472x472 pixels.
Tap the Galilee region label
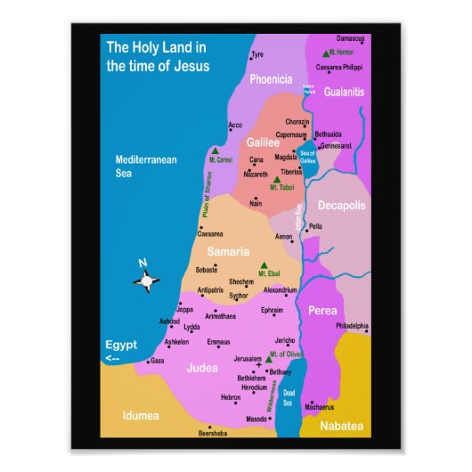pos(263,142)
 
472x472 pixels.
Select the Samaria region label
pos(228,252)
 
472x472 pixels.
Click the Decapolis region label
pos(342,206)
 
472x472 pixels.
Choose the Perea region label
pos(322,311)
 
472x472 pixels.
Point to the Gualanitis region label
pos(344,92)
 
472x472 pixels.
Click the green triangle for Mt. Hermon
pos(327,53)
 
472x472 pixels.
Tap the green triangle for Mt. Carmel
pos(216,151)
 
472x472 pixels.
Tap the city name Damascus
pos(350,38)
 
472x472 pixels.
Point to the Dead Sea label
pos(288,397)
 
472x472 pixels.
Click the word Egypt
pos(121,344)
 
